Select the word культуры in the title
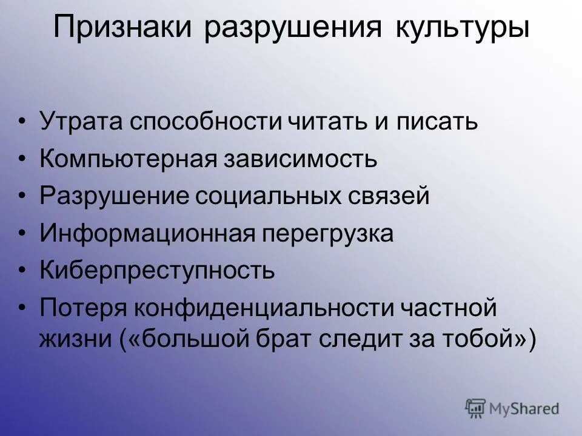(462, 28)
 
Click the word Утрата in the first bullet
(81, 122)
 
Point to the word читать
(334, 122)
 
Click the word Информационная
(146, 234)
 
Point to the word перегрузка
(328, 234)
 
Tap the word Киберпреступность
(158, 271)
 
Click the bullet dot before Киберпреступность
(22, 271)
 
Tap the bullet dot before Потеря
(22, 308)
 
